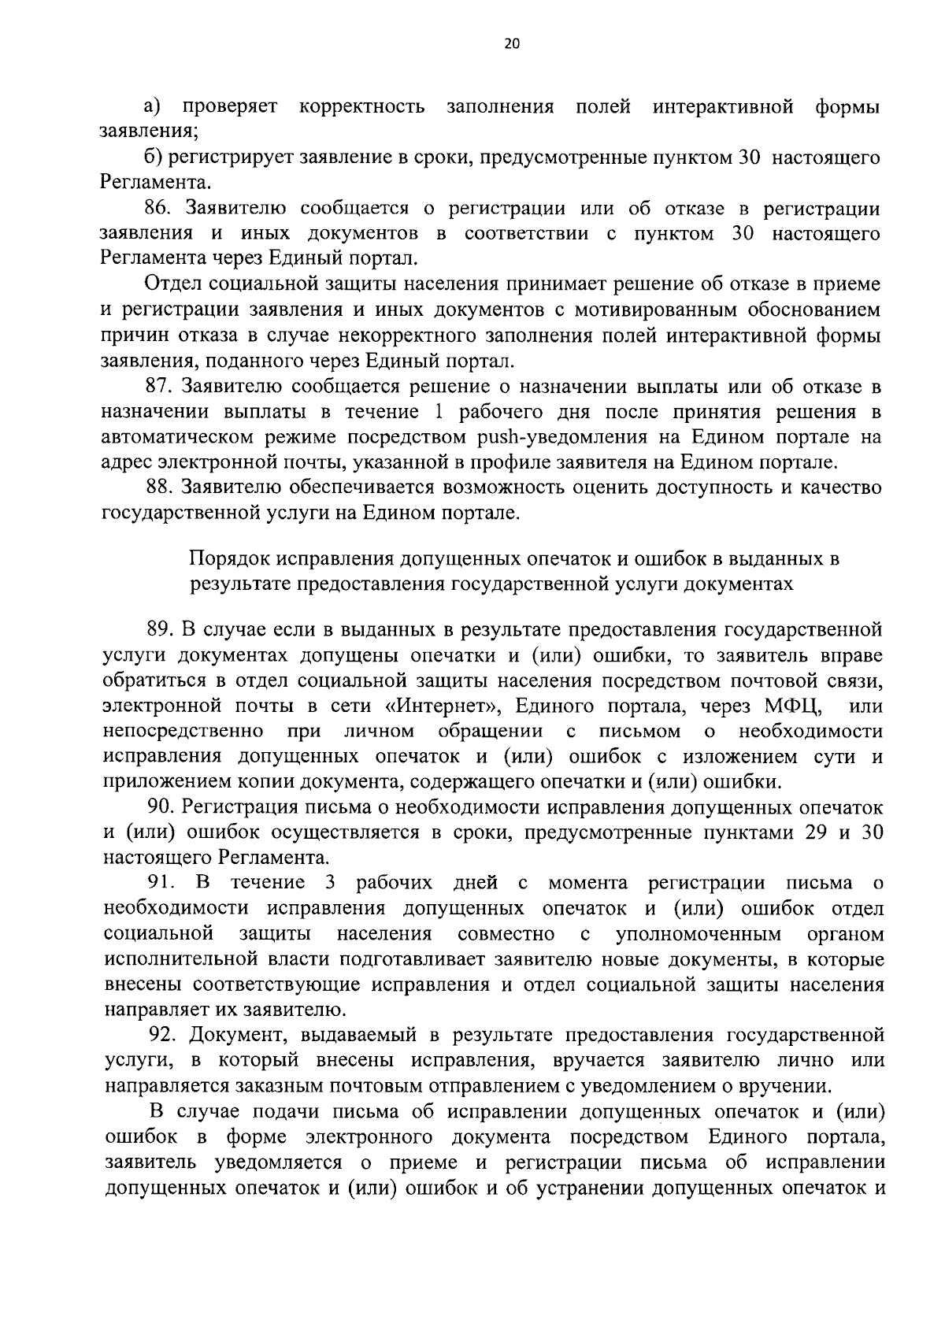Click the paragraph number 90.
pyautogui.click(x=160, y=807)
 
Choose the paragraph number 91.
pyautogui.click(x=160, y=882)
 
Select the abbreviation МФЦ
pyautogui.click(x=791, y=706)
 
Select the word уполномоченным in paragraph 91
pyautogui.click(x=699, y=934)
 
